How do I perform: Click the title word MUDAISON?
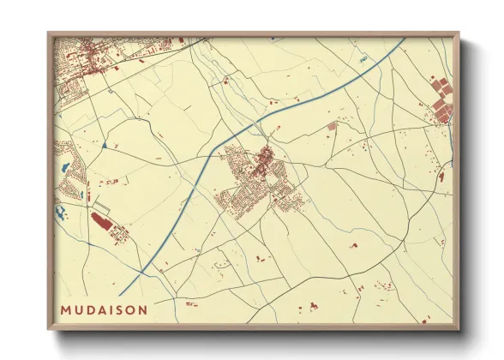click(104, 309)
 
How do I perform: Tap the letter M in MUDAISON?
click(66, 309)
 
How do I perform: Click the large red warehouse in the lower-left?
click(100, 222)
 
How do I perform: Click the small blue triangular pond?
click(104, 146)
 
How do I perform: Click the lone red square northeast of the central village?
click(333, 126)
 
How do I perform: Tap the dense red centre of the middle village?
click(265, 158)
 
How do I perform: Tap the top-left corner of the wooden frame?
click(49, 34)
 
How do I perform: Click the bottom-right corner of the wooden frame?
click(458, 328)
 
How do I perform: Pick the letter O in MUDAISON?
click(130, 309)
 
